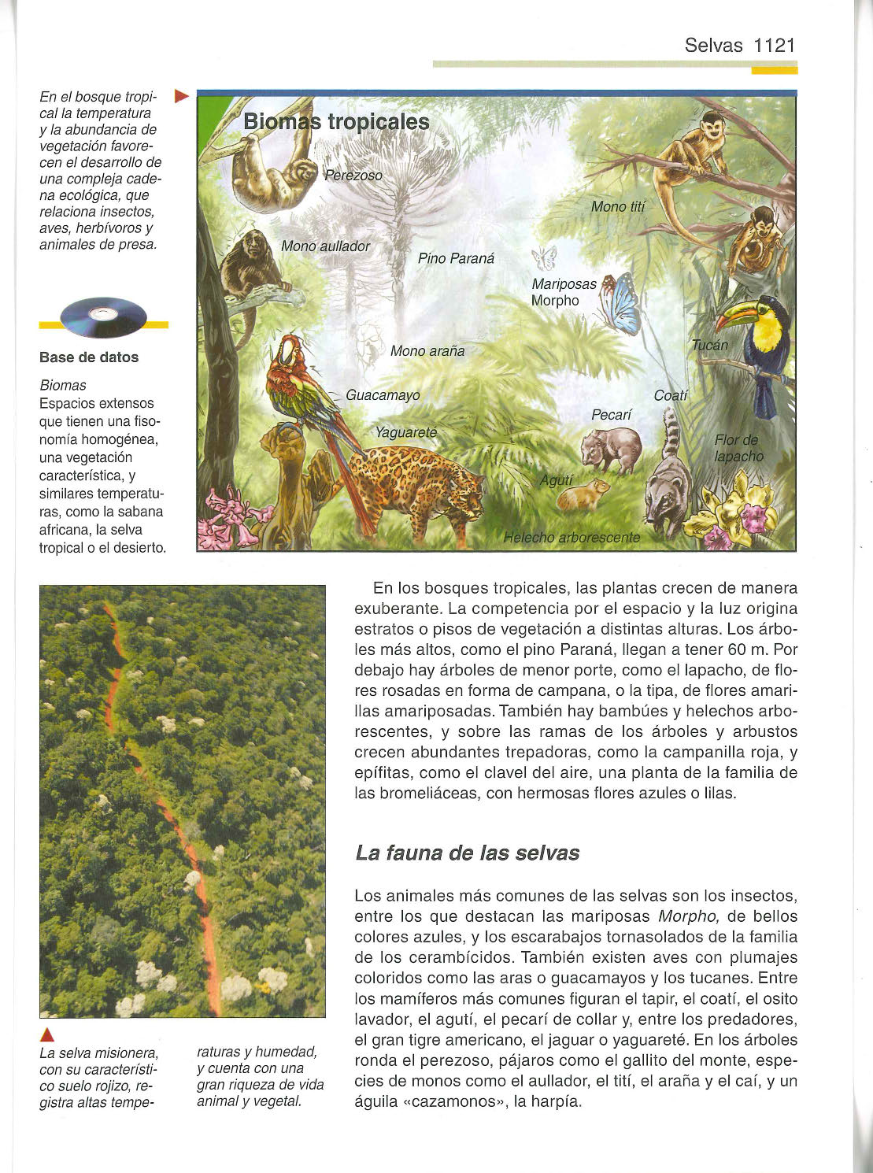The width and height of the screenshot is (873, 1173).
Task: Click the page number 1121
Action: click(x=775, y=45)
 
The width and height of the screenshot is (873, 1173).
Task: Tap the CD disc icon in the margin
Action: click(x=103, y=316)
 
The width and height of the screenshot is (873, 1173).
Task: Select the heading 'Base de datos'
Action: click(x=89, y=357)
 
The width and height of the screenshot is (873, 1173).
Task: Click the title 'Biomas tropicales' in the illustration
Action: click(x=336, y=122)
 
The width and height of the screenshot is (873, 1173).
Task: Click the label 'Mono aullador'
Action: click(x=325, y=246)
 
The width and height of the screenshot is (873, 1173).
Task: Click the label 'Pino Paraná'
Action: click(x=456, y=258)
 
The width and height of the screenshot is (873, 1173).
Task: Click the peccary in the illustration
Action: click(x=610, y=450)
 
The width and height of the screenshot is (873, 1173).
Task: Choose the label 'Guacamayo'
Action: click(x=383, y=395)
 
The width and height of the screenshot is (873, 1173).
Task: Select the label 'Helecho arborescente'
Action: click(x=572, y=538)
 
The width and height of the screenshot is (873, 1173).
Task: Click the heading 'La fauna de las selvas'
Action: click(x=467, y=853)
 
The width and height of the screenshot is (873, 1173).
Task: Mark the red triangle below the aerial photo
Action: click(x=47, y=1034)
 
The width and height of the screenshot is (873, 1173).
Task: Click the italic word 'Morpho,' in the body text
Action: click(x=685, y=916)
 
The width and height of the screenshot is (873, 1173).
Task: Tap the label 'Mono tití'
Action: click(x=617, y=207)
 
